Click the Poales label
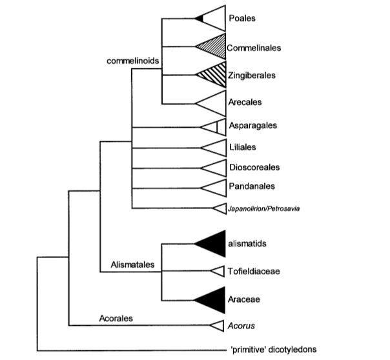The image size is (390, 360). (242, 19)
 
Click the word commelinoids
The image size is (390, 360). (132, 62)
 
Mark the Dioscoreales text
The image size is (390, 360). (254, 168)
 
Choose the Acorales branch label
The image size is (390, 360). (115, 317)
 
